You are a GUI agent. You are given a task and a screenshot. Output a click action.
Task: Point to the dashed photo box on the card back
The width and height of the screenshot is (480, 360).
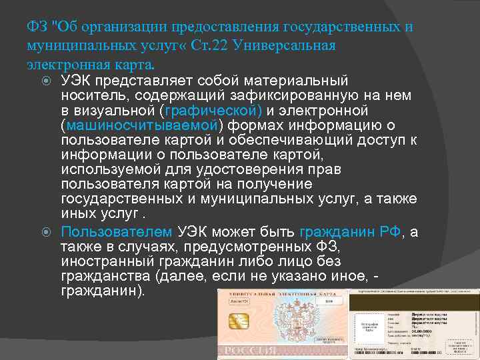click(x=369, y=326)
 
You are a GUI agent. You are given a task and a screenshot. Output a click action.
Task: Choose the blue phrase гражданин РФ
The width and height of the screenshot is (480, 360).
click(x=350, y=231)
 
